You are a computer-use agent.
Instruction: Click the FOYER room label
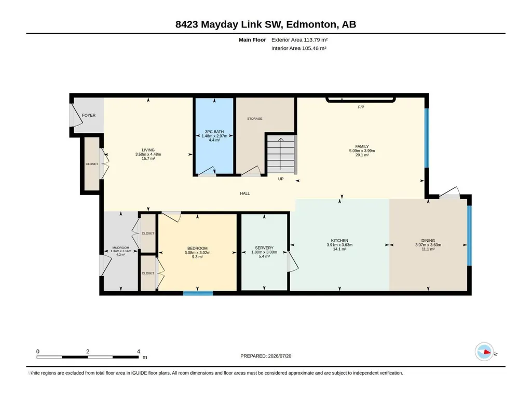click(89, 115)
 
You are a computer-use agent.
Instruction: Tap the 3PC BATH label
click(214, 132)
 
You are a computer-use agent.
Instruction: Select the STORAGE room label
click(254, 119)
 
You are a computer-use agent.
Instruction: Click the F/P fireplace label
click(361, 107)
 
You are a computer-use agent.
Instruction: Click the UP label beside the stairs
click(281, 179)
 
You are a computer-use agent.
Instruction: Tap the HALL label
click(245, 194)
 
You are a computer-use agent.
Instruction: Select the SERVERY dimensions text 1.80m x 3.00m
click(264, 252)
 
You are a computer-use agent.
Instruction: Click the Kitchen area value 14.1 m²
click(339, 249)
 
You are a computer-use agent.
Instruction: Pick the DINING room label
click(428, 241)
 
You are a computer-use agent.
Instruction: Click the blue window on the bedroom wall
click(198, 293)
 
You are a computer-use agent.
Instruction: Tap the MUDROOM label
click(121, 247)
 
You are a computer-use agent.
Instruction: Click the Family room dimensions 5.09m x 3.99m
click(362, 150)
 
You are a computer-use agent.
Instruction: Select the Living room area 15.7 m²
click(148, 158)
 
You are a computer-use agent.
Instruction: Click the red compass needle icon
click(487, 352)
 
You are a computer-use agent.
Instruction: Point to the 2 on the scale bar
click(88, 351)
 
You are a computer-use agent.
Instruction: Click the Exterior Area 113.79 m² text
click(299, 40)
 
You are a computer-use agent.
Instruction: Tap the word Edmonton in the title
click(311, 24)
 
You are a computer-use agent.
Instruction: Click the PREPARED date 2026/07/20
click(280, 356)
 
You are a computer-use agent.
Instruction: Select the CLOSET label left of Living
click(91, 164)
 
